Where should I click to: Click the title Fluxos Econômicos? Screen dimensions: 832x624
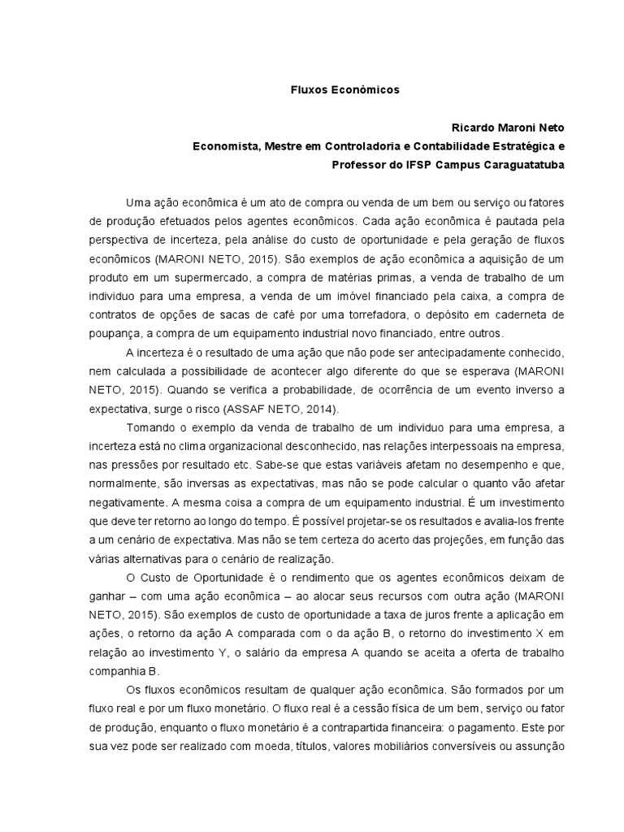345,90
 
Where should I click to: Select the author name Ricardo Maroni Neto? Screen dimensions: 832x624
507,128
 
